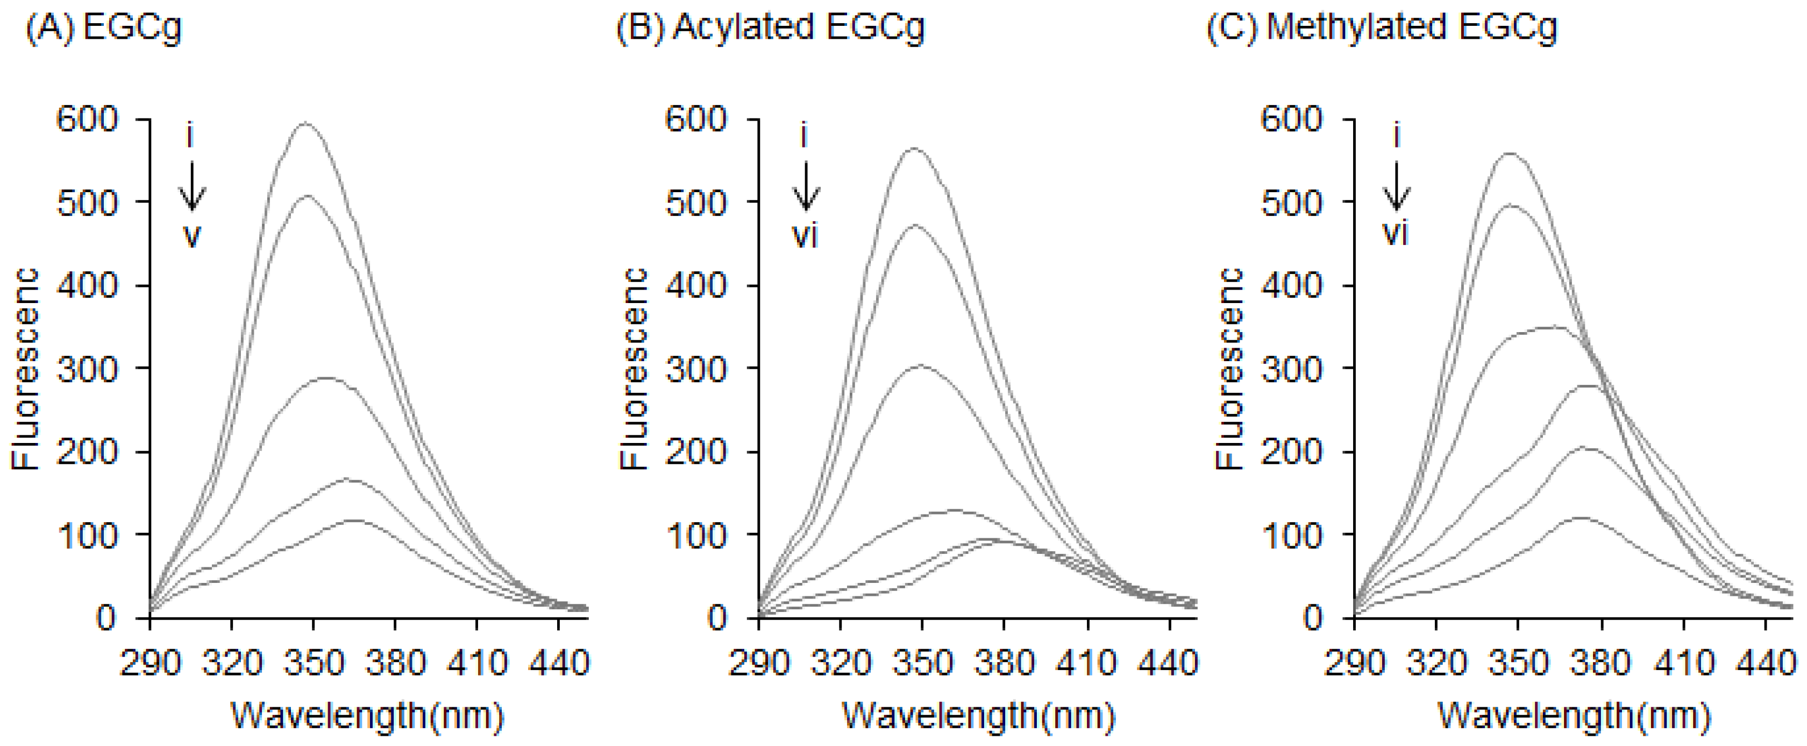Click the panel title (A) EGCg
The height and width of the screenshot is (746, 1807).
(x=103, y=28)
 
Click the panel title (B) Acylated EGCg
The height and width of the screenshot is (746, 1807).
(x=770, y=28)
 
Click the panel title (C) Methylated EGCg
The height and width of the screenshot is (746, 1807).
(x=1382, y=28)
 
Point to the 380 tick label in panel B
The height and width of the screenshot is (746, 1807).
(x=1005, y=663)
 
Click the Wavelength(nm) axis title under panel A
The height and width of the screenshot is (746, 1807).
(x=367, y=716)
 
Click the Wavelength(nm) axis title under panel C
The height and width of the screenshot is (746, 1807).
(x=1574, y=716)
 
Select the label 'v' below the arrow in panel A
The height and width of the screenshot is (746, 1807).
(x=191, y=236)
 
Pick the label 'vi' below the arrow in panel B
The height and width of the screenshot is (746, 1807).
(x=805, y=236)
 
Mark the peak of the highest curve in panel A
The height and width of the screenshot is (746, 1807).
(x=305, y=124)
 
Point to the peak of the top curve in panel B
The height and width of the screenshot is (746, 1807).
(x=914, y=149)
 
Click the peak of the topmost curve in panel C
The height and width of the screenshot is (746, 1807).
(x=1510, y=154)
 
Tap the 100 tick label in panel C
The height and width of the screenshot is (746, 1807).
(x=1291, y=535)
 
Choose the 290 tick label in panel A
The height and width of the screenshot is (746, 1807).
(x=150, y=663)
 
